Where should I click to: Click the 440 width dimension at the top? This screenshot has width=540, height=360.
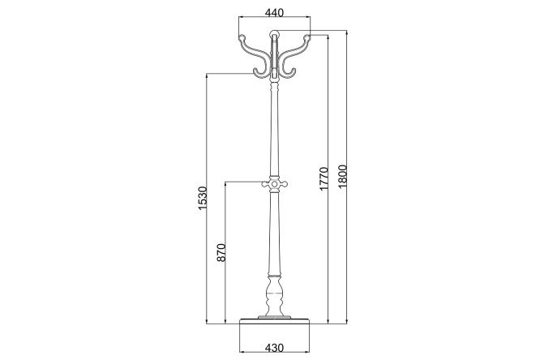pyautogui.click(x=274, y=13)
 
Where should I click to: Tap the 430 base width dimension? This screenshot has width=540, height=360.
pyautogui.click(x=274, y=347)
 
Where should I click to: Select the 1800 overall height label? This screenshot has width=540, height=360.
pyautogui.click(x=343, y=177)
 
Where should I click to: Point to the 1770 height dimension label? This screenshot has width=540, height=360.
pyautogui.click(x=324, y=178)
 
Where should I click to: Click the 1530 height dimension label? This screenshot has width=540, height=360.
pyautogui.click(x=202, y=198)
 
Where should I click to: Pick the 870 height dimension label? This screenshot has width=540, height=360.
pyautogui.click(x=221, y=252)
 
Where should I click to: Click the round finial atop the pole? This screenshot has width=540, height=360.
pyautogui.click(x=275, y=34)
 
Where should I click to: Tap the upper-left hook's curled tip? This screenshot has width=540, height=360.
pyautogui.click(x=242, y=37)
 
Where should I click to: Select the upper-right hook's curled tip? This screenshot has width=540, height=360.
pyautogui.click(x=307, y=37)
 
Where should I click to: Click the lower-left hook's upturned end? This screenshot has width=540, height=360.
pyautogui.click(x=256, y=71)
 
